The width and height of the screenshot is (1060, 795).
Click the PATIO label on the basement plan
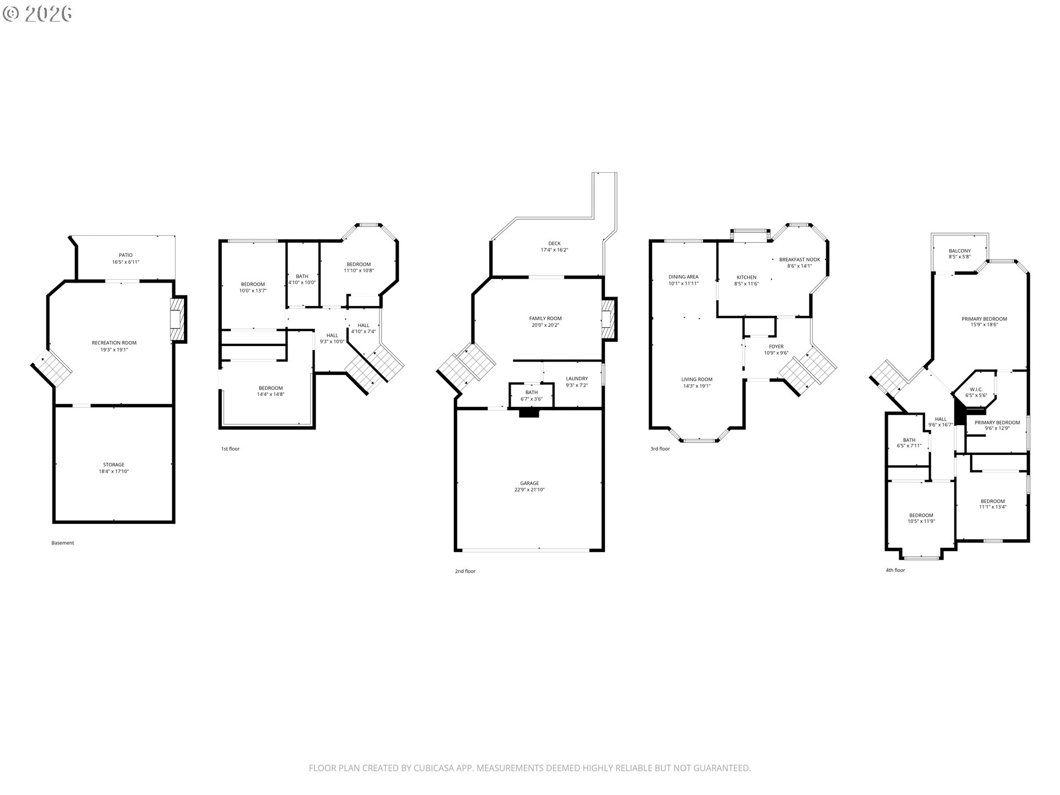pyautogui.click(x=125, y=255)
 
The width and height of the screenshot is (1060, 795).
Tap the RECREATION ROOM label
pyautogui.click(x=114, y=343)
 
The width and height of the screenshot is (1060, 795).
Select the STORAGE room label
pyautogui.click(x=114, y=465)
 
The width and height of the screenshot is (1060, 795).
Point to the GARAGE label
pyautogui.click(x=529, y=483)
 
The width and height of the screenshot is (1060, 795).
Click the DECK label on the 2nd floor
pyautogui.click(x=554, y=243)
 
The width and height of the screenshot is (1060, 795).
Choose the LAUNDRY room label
pyautogui.click(x=577, y=379)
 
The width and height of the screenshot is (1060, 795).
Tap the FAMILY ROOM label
pyautogui.click(x=545, y=319)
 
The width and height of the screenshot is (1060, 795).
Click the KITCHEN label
pyautogui.click(x=746, y=277)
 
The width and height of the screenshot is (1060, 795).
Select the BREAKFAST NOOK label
pyautogui.click(x=799, y=259)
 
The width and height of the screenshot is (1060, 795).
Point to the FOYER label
pyautogui.click(x=776, y=347)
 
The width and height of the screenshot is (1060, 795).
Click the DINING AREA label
pyautogui.click(x=683, y=277)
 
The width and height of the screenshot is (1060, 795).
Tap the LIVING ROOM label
pyautogui.click(x=697, y=379)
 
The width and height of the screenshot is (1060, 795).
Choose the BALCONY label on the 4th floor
pyautogui.click(x=960, y=251)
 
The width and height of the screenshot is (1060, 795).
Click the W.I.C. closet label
pyautogui.click(x=976, y=389)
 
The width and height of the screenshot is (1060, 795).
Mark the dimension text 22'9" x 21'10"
pyautogui.click(x=529, y=490)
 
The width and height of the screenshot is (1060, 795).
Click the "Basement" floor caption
pyautogui.click(x=62, y=543)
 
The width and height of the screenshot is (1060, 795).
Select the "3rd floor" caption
pyautogui.click(x=660, y=449)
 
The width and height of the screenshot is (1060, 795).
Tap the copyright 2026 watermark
pyautogui.click(x=37, y=13)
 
